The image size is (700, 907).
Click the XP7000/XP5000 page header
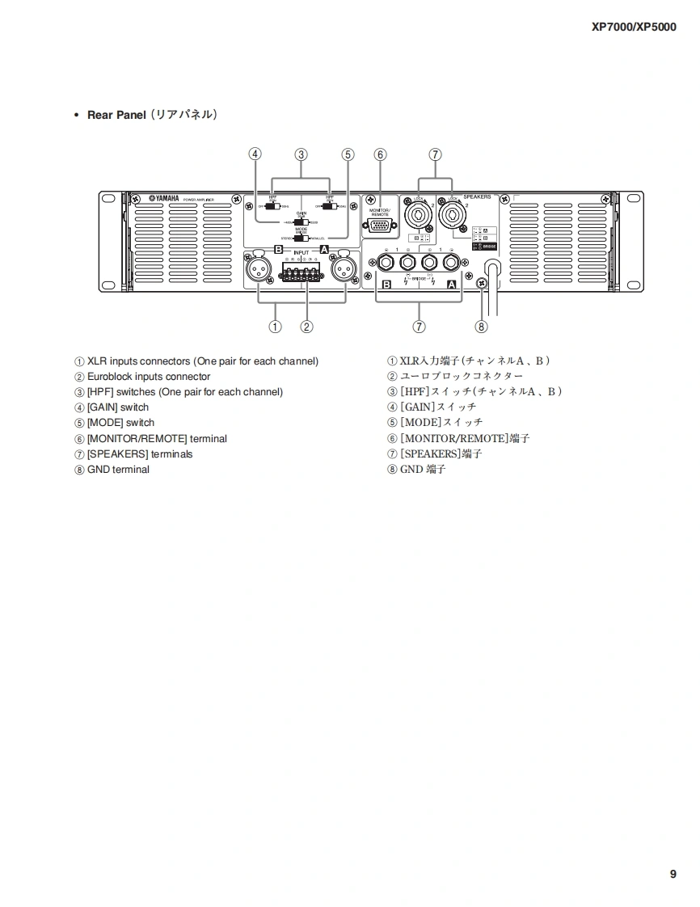(x=634, y=26)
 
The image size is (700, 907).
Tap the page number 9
(x=673, y=874)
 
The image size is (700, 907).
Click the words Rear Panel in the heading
(x=116, y=115)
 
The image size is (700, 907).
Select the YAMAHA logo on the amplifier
(x=163, y=199)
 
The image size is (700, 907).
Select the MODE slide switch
(x=300, y=238)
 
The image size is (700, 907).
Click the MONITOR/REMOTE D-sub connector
(x=379, y=226)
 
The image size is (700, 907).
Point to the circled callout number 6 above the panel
(x=380, y=154)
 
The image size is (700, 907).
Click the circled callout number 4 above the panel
(x=255, y=154)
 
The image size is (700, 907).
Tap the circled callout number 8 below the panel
(x=482, y=327)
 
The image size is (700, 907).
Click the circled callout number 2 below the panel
(x=306, y=327)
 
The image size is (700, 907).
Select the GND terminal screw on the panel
(x=482, y=283)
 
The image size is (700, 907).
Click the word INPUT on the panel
(x=301, y=252)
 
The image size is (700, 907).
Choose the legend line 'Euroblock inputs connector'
(x=149, y=377)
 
